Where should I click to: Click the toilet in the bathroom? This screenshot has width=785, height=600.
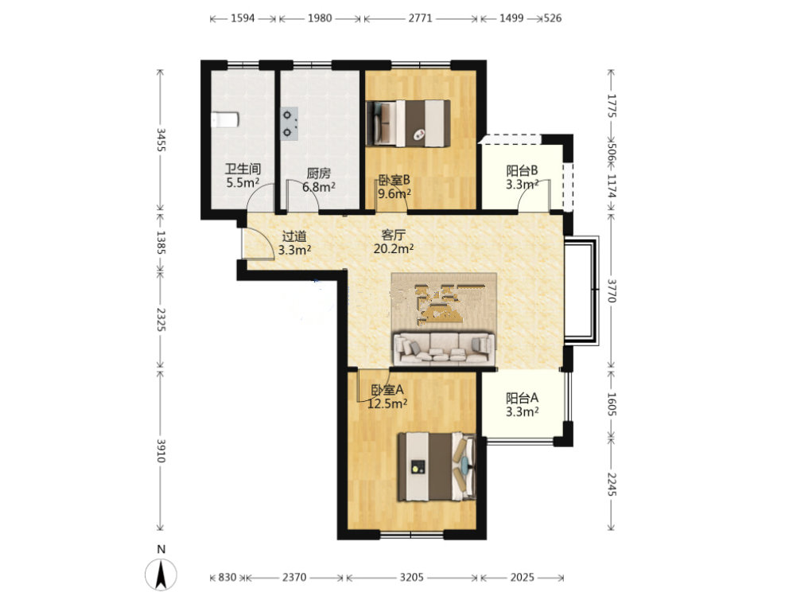click(x=225, y=119)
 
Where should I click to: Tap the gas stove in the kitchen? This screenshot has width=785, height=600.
click(x=290, y=123)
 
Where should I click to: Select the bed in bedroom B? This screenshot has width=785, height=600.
click(x=408, y=123)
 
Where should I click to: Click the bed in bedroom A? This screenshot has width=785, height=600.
click(x=437, y=467)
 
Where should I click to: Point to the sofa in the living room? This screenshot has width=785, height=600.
click(x=444, y=349)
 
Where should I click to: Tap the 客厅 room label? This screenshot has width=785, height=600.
click(x=394, y=235)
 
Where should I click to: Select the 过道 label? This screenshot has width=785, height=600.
click(x=293, y=236)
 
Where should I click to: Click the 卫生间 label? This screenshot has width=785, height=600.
click(x=243, y=169)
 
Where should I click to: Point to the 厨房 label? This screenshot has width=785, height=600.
click(x=318, y=173)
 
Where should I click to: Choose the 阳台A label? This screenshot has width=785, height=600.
click(x=523, y=398)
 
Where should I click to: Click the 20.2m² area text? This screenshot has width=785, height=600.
click(x=394, y=248)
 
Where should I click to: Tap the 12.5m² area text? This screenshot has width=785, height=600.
click(x=387, y=403)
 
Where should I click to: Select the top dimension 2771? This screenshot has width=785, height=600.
click(x=420, y=18)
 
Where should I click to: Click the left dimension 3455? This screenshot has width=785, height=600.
click(x=161, y=140)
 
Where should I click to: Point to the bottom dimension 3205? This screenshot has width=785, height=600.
click(x=411, y=578)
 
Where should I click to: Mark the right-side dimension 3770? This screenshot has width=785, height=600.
click(x=612, y=290)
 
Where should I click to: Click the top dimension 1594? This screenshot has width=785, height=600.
click(x=243, y=18)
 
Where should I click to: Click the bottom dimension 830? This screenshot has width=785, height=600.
click(x=227, y=578)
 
